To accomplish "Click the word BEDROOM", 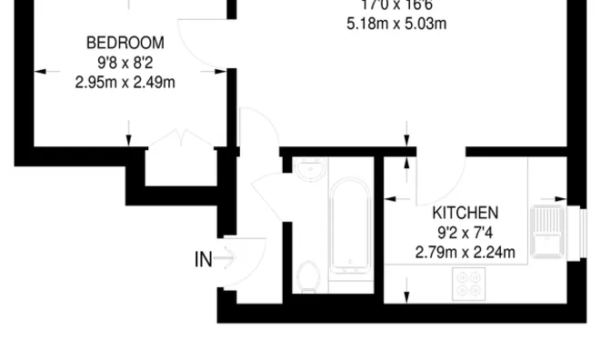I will (x=125, y=43).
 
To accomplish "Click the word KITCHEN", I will (x=465, y=213).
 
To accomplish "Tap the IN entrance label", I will (x=204, y=260).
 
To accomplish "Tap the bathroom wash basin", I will (x=308, y=168).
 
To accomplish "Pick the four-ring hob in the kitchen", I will (x=470, y=285).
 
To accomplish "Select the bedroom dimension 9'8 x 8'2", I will (x=125, y=63).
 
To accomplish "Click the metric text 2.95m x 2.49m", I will (x=125, y=82).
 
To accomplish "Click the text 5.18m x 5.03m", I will (x=396, y=24).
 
